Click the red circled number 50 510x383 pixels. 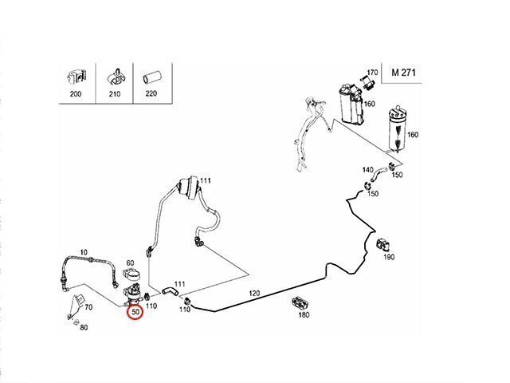[136, 311]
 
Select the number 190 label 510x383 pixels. [388, 258]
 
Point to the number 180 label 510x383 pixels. [304, 315]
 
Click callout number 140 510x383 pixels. [367, 170]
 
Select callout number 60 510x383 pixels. [130, 262]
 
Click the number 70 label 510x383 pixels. [88, 306]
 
